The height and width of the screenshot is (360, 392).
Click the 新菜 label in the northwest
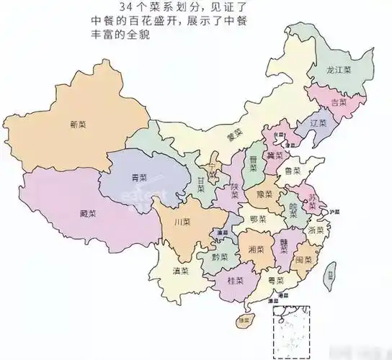(78, 125)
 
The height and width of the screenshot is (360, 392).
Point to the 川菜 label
(182, 222)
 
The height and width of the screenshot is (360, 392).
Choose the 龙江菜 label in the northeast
(338, 71)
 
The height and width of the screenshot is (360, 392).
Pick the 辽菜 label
(318, 123)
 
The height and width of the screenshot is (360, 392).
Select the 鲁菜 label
(293, 171)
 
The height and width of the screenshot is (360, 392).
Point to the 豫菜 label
(263, 194)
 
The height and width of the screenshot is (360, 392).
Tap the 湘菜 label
(255, 248)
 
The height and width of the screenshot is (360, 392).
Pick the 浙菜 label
(316, 230)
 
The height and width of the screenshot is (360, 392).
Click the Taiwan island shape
(331, 274)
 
